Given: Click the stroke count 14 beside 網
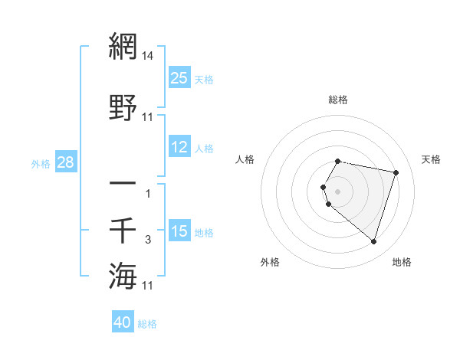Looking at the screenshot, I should pyautogui.click(x=148, y=56).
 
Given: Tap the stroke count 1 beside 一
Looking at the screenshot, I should pyautogui.click(x=148, y=194).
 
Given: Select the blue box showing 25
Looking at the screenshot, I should pyautogui.click(x=179, y=78).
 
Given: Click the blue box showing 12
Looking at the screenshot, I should pyautogui.click(x=179, y=147).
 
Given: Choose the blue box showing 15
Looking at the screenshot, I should pyautogui.click(x=179, y=231).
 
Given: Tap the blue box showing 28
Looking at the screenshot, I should pyautogui.click(x=65, y=162).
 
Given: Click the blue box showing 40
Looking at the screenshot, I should pyautogui.click(x=123, y=322).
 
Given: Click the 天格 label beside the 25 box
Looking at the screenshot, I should pyautogui.click(x=204, y=79).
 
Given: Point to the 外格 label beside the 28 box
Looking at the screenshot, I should pyautogui.click(x=41, y=163).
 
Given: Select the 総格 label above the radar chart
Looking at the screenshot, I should pyautogui.click(x=338, y=100).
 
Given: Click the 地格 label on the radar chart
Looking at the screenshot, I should pyautogui.click(x=402, y=262).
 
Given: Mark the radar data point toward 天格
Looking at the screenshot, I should pyautogui.click(x=396, y=173).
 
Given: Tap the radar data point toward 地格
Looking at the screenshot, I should pyautogui.click(x=373, y=242).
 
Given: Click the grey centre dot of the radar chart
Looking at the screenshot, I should pyautogui.click(x=338, y=190).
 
